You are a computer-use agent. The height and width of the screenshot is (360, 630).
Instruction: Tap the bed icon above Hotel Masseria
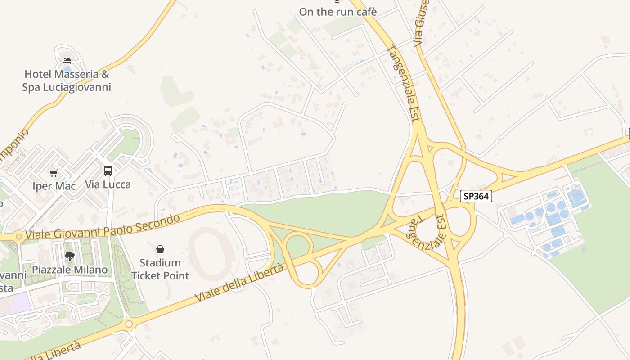[x=67, y=61]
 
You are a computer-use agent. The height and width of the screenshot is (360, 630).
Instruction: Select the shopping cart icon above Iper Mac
[x=54, y=173]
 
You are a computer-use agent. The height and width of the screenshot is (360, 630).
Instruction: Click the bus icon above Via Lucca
[x=108, y=171]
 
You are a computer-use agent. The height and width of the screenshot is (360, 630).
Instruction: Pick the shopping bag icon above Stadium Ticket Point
[x=160, y=249]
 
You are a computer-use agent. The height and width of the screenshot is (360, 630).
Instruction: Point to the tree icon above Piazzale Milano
[x=69, y=256]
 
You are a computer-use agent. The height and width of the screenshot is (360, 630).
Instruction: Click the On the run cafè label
[x=337, y=12]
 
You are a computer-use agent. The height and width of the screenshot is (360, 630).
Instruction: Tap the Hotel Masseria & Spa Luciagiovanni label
[x=67, y=81]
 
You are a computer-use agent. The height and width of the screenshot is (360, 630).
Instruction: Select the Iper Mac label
[x=54, y=186]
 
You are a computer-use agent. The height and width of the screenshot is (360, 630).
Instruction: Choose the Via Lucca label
[x=108, y=184]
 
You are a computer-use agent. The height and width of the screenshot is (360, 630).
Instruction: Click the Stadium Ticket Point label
[x=160, y=269]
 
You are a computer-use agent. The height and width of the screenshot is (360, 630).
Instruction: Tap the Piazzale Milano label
[x=70, y=270]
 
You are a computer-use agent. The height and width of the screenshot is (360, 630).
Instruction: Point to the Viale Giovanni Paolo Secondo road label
[x=103, y=227]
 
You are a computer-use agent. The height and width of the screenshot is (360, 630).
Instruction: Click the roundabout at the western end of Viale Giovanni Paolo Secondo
[x=19, y=236]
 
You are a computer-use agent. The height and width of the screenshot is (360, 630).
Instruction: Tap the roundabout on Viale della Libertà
[x=129, y=323]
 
